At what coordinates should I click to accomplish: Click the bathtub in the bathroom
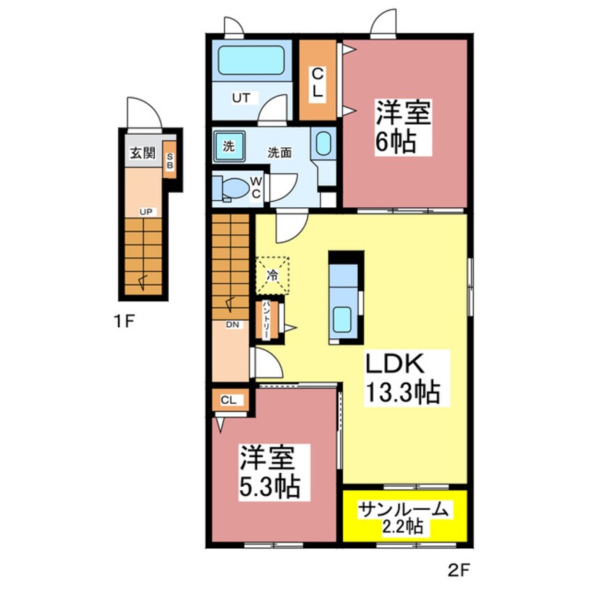pyautogui.click(x=250, y=60)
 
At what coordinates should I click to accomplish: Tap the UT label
pyautogui.click(x=241, y=98)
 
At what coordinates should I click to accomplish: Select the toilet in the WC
pyautogui.click(x=231, y=188)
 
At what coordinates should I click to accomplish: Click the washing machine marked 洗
pyautogui.click(x=229, y=146)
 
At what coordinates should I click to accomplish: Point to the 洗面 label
pyautogui.click(x=280, y=153)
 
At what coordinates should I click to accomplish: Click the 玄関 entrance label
pyautogui.click(x=142, y=153)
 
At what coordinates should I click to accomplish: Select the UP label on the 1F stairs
pyautogui.click(x=146, y=212)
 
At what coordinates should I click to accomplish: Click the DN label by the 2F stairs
pyautogui.click(x=232, y=324)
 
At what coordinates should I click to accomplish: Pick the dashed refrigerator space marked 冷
pyautogui.click(x=273, y=275)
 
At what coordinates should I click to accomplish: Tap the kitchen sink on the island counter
pyautogui.click(x=342, y=319)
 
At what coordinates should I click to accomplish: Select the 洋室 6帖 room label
pyautogui.click(x=403, y=126)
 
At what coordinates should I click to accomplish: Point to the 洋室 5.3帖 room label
pyautogui.click(x=269, y=472)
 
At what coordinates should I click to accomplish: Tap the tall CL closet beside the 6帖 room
pyautogui.click(x=318, y=80)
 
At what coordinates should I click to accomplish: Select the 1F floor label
pyautogui.click(x=124, y=322)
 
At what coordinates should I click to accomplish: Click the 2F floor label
pyautogui.click(x=459, y=571)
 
